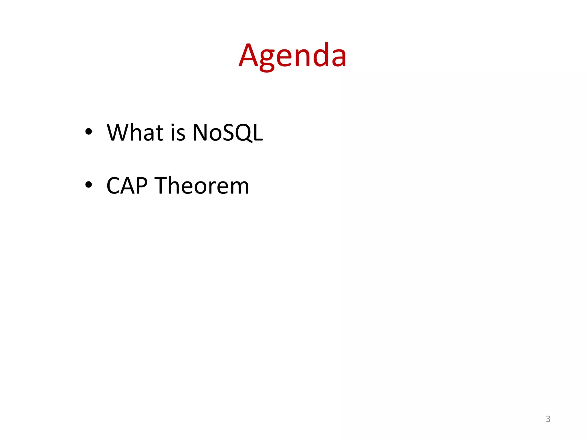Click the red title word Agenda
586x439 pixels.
point(292,56)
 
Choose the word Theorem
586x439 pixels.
point(202,185)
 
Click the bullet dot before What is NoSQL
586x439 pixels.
point(89,131)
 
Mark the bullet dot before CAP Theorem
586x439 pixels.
point(89,185)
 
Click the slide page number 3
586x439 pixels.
point(548,419)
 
